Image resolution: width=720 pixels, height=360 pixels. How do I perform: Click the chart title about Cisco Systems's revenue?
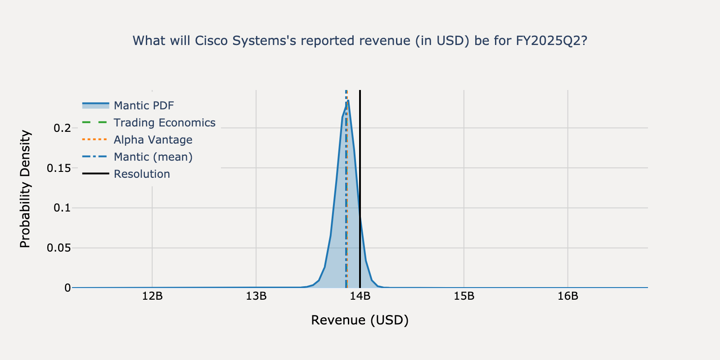(x=360, y=41)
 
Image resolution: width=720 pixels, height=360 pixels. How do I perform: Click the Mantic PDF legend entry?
(x=144, y=106)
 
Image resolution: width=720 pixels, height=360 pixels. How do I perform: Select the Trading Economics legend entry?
(x=164, y=123)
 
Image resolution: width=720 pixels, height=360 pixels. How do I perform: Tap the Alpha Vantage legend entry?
(x=153, y=140)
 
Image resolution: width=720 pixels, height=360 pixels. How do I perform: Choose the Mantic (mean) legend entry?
(x=153, y=157)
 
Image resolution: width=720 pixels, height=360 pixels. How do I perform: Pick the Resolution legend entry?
(x=142, y=174)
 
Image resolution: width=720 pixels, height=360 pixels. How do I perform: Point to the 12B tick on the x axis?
(x=152, y=296)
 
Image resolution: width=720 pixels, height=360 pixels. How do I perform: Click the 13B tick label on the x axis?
(x=256, y=296)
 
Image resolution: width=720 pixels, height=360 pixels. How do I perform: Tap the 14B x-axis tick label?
(x=360, y=296)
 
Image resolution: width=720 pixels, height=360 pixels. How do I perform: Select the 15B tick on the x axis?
(x=464, y=296)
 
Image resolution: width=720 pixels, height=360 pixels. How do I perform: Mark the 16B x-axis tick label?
(x=568, y=296)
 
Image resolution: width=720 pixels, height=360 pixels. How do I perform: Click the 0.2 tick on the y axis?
(x=62, y=128)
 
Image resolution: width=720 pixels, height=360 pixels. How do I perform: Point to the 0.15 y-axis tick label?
(x=59, y=168)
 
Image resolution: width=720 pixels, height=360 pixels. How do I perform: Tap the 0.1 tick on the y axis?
(x=62, y=208)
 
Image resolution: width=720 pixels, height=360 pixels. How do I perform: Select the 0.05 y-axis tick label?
(x=59, y=248)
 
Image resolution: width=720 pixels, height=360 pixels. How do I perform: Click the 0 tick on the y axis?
(x=67, y=288)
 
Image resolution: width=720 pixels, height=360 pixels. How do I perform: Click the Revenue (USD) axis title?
(x=360, y=320)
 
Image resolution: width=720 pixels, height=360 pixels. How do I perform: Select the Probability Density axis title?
(x=25, y=189)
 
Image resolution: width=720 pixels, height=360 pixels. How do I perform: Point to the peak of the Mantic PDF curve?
(x=348, y=101)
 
